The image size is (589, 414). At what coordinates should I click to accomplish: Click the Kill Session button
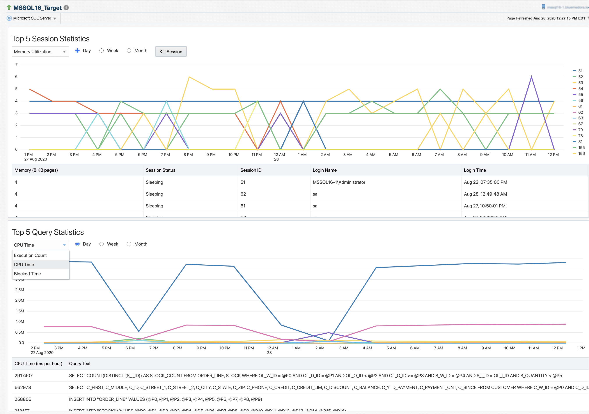[x=171, y=51]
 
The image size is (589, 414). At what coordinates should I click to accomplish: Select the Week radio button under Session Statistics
[x=102, y=51]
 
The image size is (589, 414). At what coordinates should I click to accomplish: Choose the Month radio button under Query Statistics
[x=129, y=244]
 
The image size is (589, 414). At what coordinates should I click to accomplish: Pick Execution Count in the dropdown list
[x=30, y=255]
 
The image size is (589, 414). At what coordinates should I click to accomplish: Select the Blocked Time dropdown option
[x=27, y=274]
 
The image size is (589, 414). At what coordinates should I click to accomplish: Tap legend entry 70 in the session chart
[x=580, y=130]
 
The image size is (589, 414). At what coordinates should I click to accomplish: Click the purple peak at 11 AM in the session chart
[x=531, y=77]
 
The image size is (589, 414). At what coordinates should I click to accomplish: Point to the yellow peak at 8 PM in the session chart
[x=189, y=77]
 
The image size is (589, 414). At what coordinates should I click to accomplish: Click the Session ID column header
[x=251, y=170]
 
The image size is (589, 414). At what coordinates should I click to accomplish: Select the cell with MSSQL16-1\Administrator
[x=339, y=182]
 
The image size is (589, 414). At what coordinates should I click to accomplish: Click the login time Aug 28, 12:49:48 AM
[x=485, y=194]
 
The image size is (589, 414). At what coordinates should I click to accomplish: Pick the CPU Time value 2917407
[x=24, y=375]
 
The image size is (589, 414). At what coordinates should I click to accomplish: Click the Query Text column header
[x=80, y=363]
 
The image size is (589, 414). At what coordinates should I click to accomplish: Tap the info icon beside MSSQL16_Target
[x=66, y=8]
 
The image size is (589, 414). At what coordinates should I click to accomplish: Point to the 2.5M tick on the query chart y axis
[x=20, y=290]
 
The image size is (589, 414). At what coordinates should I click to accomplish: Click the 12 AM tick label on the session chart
[x=279, y=155]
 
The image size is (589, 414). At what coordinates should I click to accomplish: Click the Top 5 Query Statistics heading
[x=48, y=232]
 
